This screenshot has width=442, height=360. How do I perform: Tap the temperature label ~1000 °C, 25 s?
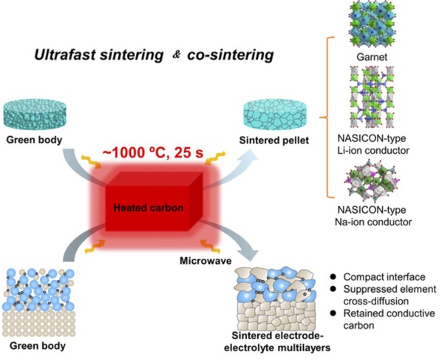153,153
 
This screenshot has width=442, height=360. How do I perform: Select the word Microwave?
205,260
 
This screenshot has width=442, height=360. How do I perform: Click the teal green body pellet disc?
35,116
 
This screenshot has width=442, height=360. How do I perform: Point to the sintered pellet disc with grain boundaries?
274,116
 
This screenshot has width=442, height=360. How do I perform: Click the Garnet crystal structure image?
372,24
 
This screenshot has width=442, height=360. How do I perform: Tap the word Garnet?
372,57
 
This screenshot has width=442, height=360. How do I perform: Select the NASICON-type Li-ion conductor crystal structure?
372,97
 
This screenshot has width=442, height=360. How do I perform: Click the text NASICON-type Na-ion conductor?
373,216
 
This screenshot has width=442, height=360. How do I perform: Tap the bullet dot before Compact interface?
333,276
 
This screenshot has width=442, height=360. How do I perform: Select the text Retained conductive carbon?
389,319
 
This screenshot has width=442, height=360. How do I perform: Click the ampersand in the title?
176,55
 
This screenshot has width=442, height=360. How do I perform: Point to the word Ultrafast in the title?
66,55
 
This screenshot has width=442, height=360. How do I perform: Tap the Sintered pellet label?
274,140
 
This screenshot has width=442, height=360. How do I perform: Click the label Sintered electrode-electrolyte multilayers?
277,342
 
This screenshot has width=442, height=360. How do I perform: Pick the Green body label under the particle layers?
38,346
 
